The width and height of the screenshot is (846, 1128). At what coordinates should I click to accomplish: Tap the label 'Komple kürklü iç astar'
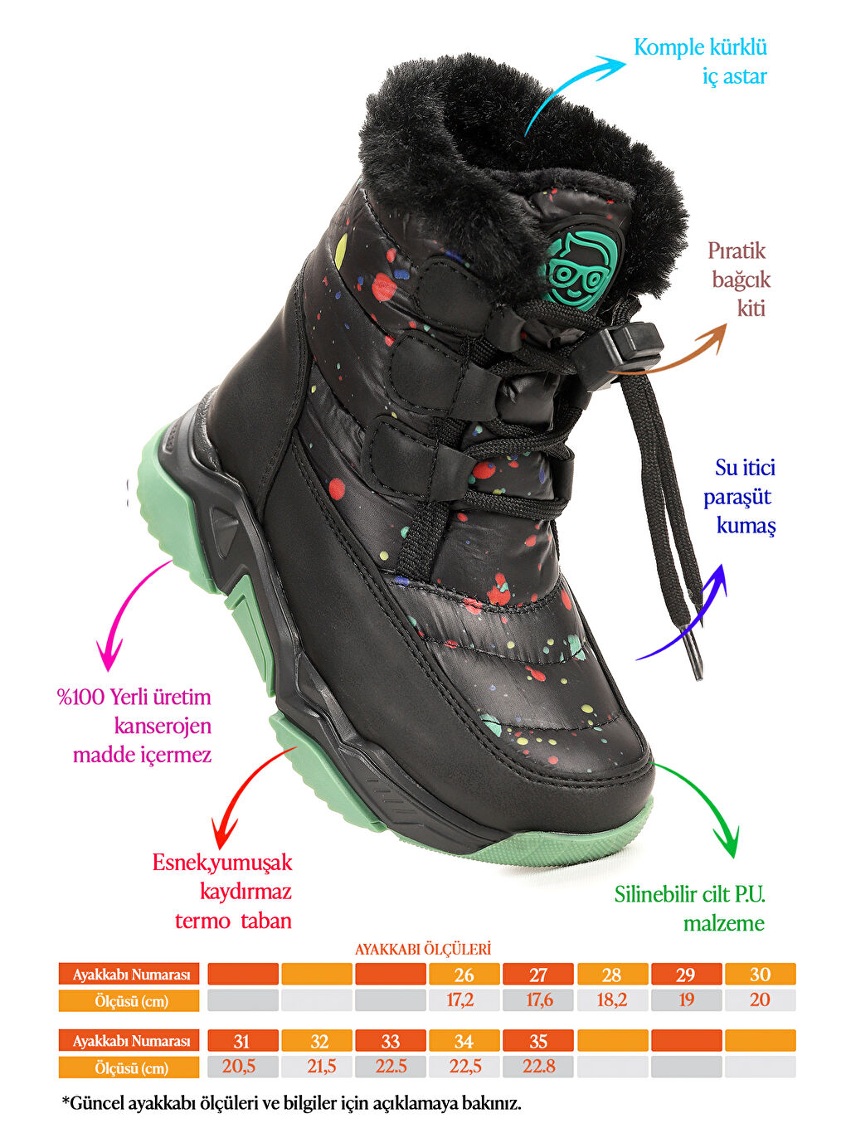[700, 61]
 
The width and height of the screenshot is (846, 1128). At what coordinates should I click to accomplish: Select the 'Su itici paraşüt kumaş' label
[739, 497]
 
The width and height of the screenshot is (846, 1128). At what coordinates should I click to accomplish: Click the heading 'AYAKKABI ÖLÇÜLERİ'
[423, 949]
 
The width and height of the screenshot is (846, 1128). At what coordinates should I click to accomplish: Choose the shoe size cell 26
[464, 975]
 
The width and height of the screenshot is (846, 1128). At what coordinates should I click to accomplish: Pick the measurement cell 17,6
[537, 1000]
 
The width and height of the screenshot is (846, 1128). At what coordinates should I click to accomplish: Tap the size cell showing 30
[761, 975]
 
